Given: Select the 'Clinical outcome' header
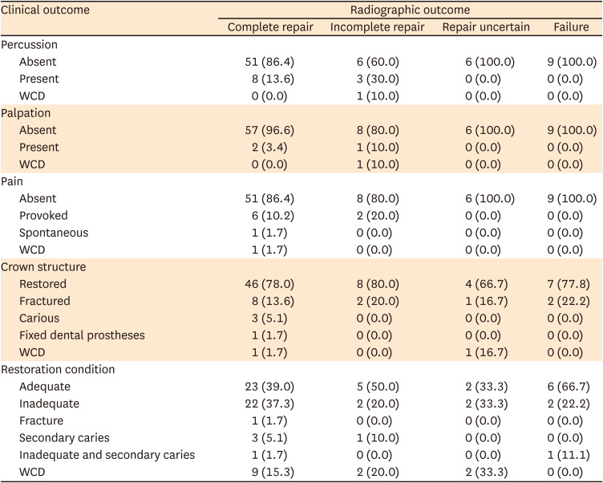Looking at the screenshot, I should (x=45, y=10).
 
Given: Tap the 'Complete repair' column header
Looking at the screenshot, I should (x=270, y=27).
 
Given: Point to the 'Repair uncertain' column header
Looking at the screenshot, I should (x=486, y=27).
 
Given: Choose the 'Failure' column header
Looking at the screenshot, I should (x=571, y=27).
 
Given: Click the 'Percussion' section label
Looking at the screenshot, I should (x=29, y=45).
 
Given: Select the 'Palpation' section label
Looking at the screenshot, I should (x=26, y=113).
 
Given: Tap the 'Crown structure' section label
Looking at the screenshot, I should (x=43, y=267).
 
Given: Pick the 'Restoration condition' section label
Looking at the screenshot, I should (x=58, y=370).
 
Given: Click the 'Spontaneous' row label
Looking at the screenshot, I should (x=54, y=233).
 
